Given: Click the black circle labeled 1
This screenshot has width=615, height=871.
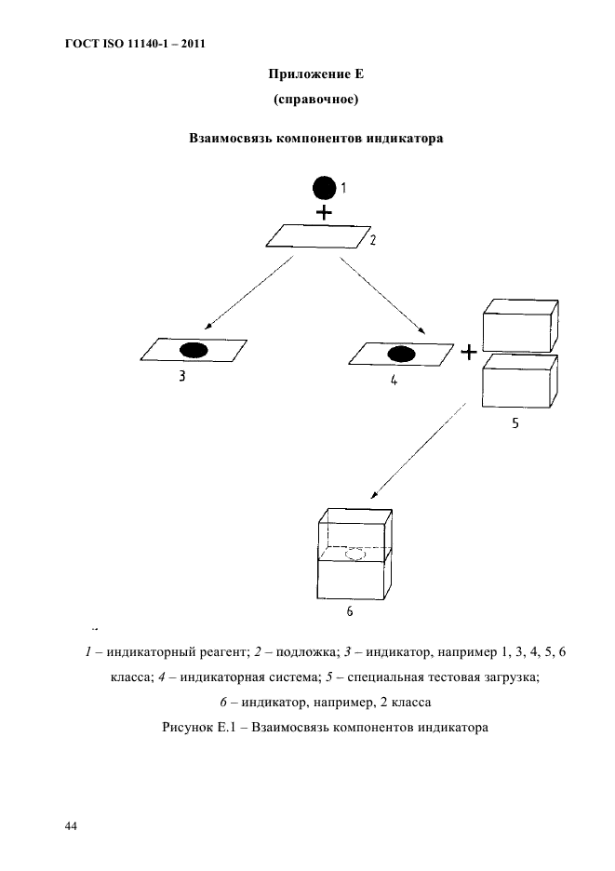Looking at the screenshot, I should pos(323,189).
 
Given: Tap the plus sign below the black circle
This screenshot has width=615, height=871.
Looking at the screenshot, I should pos(323,213).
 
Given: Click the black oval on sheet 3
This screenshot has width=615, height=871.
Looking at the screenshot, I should pos(194,351).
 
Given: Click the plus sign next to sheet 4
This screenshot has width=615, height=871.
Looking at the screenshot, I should pos(469,353).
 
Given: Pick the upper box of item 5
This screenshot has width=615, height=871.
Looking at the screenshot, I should pos(518,326).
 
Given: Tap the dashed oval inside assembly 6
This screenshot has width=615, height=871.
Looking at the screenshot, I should pos(354,555).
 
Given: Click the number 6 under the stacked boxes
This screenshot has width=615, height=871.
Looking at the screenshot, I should pos(349,612).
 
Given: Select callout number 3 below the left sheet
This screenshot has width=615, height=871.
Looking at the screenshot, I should pos(183,379).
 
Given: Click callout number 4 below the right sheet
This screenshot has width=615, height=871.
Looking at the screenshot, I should pos(394,379).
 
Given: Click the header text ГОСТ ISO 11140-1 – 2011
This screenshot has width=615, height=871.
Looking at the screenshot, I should pos(134,43).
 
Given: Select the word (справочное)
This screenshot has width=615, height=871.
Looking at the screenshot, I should pos(314,98).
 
